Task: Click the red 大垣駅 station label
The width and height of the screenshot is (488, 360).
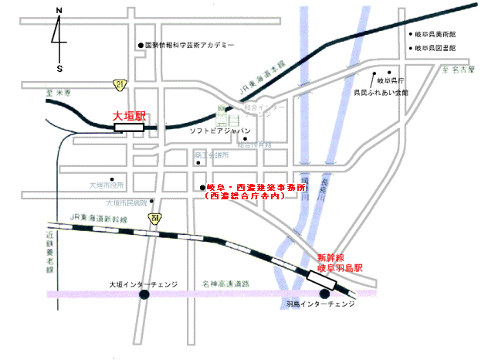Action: pos(129,116)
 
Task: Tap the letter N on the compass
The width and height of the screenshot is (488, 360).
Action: pos(59,10)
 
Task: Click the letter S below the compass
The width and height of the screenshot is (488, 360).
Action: pos(59,68)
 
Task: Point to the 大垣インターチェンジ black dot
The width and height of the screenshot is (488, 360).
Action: pos(144,294)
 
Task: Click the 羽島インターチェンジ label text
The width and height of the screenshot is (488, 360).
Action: pos(322,304)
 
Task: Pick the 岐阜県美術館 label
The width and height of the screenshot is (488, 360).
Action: pos(436,36)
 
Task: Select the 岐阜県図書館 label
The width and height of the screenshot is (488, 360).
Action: pos(436,49)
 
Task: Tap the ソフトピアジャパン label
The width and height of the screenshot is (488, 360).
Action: pos(222,131)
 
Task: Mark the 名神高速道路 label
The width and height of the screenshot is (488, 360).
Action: pos(224,284)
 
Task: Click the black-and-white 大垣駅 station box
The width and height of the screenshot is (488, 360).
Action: pos(130,127)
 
